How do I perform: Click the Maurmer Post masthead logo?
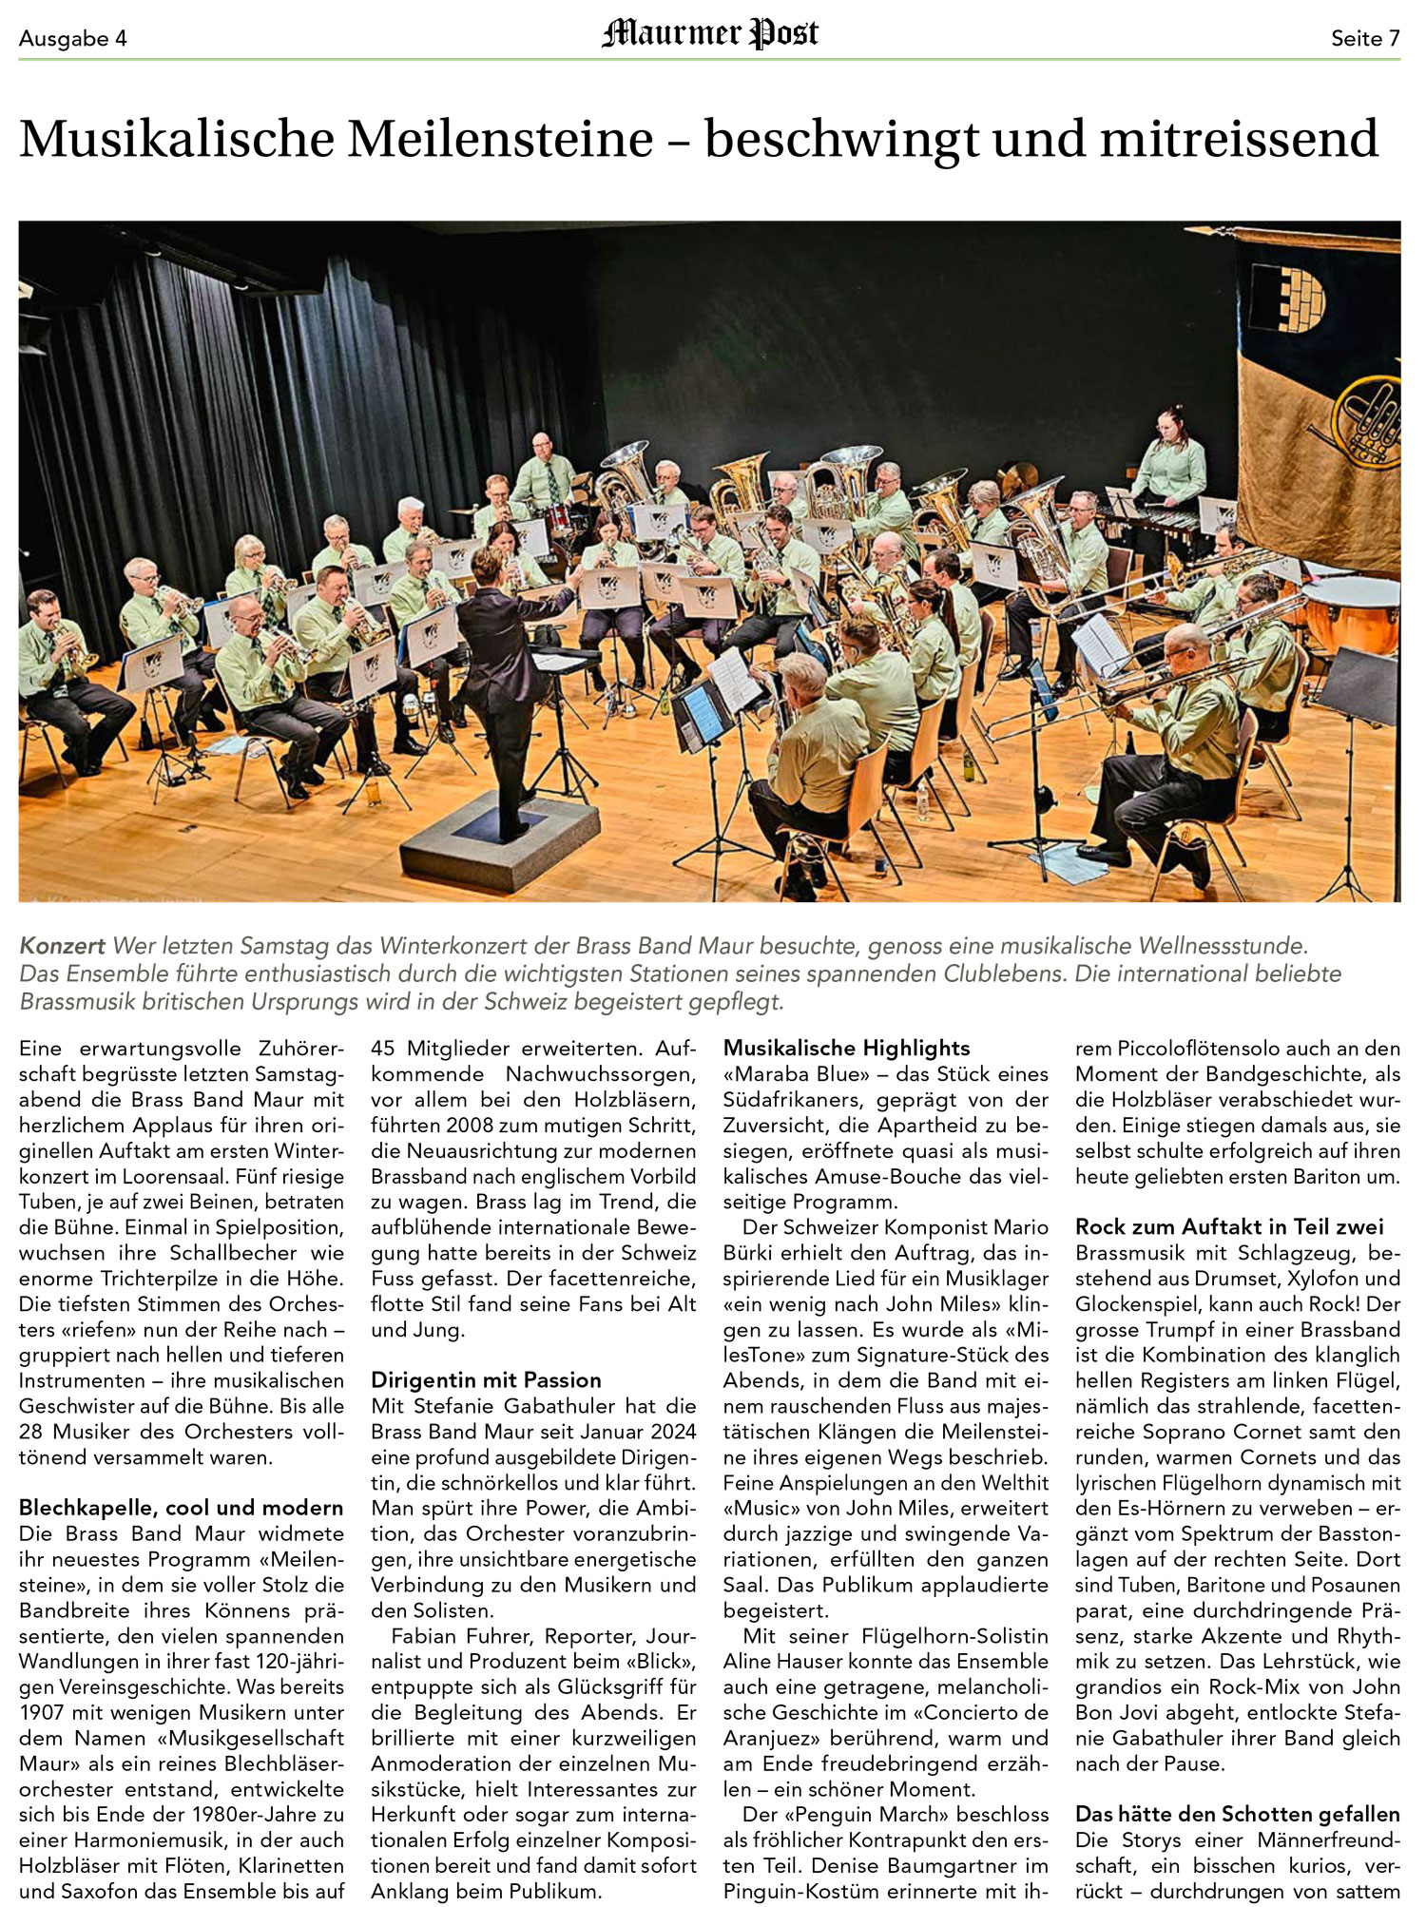click(709, 35)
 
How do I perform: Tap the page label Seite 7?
click(1365, 39)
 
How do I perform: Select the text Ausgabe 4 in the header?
click(72, 39)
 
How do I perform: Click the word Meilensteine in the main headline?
click(500, 139)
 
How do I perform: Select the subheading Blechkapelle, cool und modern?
click(181, 1508)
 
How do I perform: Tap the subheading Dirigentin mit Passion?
click(486, 1380)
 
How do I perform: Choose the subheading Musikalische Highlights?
click(846, 1049)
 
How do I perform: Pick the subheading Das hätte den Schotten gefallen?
click(1237, 1814)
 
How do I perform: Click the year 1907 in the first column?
click(40, 1713)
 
